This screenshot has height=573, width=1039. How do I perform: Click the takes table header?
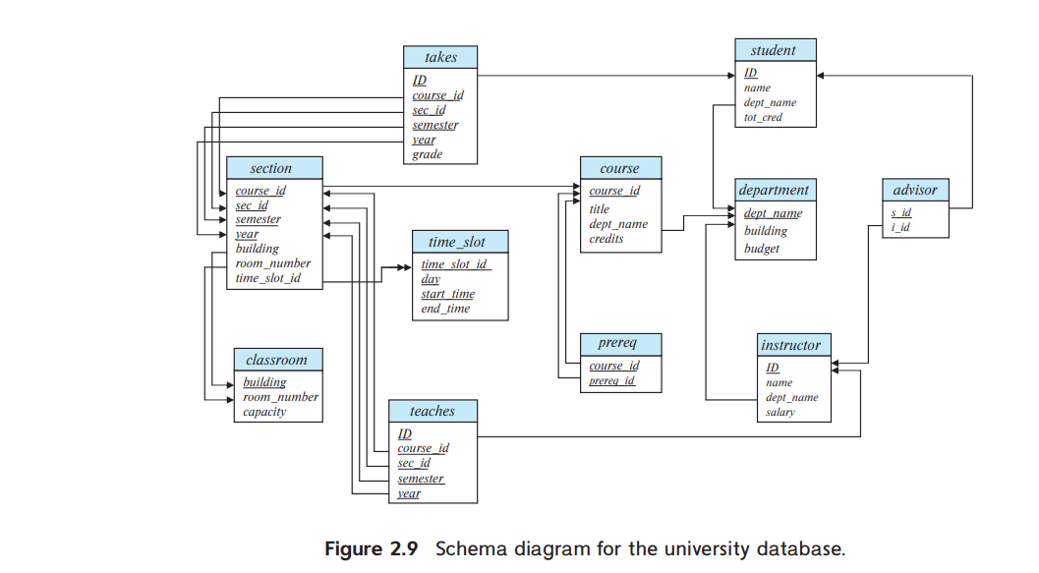tap(440, 58)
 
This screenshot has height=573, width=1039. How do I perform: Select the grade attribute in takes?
tap(428, 154)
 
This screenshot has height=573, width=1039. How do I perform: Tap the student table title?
tap(774, 50)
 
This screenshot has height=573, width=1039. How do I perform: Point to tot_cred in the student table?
tap(763, 118)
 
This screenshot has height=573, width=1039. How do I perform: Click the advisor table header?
tap(915, 190)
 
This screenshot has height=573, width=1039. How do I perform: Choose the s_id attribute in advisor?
tap(900, 212)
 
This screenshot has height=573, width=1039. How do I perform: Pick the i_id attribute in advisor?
tap(900, 228)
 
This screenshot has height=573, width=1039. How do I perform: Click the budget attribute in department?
tap(762, 249)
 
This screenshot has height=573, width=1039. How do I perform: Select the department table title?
tap(774, 190)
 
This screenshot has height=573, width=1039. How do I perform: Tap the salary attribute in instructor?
tap(780, 413)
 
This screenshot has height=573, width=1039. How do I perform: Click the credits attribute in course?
tap(606, 239)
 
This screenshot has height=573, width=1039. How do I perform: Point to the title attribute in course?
tap(600, 208)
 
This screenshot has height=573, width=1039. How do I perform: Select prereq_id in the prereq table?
tap(611, 380)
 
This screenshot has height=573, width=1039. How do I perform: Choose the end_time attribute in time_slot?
tap(445, 309)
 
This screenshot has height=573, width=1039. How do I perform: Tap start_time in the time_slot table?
tap(447, 294)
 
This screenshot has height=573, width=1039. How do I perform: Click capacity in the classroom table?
tap(264, 412)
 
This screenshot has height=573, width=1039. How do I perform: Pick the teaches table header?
tap(432, 411)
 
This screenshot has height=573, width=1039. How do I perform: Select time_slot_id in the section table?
tap(267, 278)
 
